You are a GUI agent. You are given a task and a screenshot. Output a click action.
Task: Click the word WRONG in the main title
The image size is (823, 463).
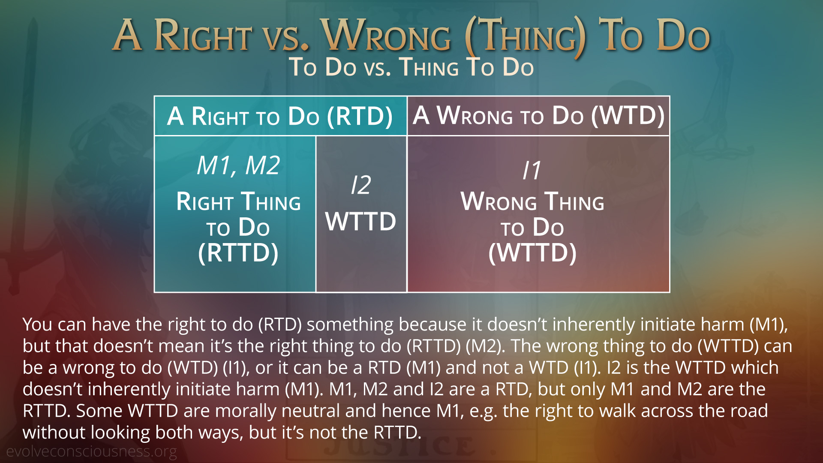click(x=387, y=35)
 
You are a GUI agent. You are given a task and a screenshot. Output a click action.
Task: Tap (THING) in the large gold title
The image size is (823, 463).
click(x=526, y=37)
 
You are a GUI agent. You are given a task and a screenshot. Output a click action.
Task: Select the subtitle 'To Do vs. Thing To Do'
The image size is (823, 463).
click(x=411, y=67)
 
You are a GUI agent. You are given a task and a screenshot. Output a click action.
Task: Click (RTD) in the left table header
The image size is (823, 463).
click(x=360, y=117)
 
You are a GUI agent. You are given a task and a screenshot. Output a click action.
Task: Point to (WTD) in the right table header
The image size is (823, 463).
click(x=628, y=116)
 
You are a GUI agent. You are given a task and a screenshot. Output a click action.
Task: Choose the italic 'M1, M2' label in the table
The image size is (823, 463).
click(x=238, y=165)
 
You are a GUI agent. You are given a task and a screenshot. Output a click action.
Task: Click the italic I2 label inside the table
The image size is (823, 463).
click(x=361, y=185)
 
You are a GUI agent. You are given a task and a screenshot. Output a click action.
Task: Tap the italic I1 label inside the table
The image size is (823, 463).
click(x=532, y=170)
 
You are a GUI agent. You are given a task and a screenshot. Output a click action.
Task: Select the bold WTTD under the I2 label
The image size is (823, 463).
click(x=361, y=222)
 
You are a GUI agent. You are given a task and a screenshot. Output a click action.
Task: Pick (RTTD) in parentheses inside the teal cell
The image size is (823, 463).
click(x=238, y=253)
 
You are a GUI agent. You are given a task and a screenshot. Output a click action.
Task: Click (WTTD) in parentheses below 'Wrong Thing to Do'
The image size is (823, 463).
click(x=532, y=253)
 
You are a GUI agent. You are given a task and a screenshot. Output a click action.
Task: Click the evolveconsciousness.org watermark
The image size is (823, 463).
click(x=91, y=452)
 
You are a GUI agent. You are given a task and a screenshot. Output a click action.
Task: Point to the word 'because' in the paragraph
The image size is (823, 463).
click(x=433, y=325)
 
